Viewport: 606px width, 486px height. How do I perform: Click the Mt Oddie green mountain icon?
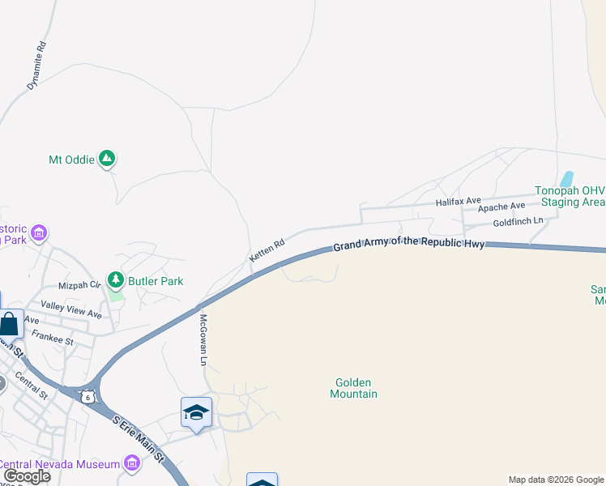[106, 159]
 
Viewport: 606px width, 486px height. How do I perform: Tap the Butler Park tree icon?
[116, 281]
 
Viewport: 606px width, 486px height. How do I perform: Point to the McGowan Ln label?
[204, 339]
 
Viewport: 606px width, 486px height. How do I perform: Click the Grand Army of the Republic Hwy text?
[409, 242]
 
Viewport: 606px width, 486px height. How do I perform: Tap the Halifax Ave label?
[458, 200]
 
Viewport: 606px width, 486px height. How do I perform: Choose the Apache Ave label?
[501, 207]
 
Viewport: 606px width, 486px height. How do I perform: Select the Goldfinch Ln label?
[517, 221]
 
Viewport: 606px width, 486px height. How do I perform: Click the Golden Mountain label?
[353, 388]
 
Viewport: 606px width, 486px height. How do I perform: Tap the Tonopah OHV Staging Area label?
[570, 196]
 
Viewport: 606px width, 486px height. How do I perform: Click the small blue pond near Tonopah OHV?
[567, 178]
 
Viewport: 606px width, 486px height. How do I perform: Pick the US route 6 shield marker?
[87, 396]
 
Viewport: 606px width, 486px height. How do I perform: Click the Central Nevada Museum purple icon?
[131, 463]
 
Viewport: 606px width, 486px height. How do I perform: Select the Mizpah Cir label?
[79, 285]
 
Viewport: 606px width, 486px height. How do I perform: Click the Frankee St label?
[53, 341]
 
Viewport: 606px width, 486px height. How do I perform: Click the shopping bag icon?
[10, 324]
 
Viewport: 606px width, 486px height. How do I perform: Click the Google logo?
[26, 476]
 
